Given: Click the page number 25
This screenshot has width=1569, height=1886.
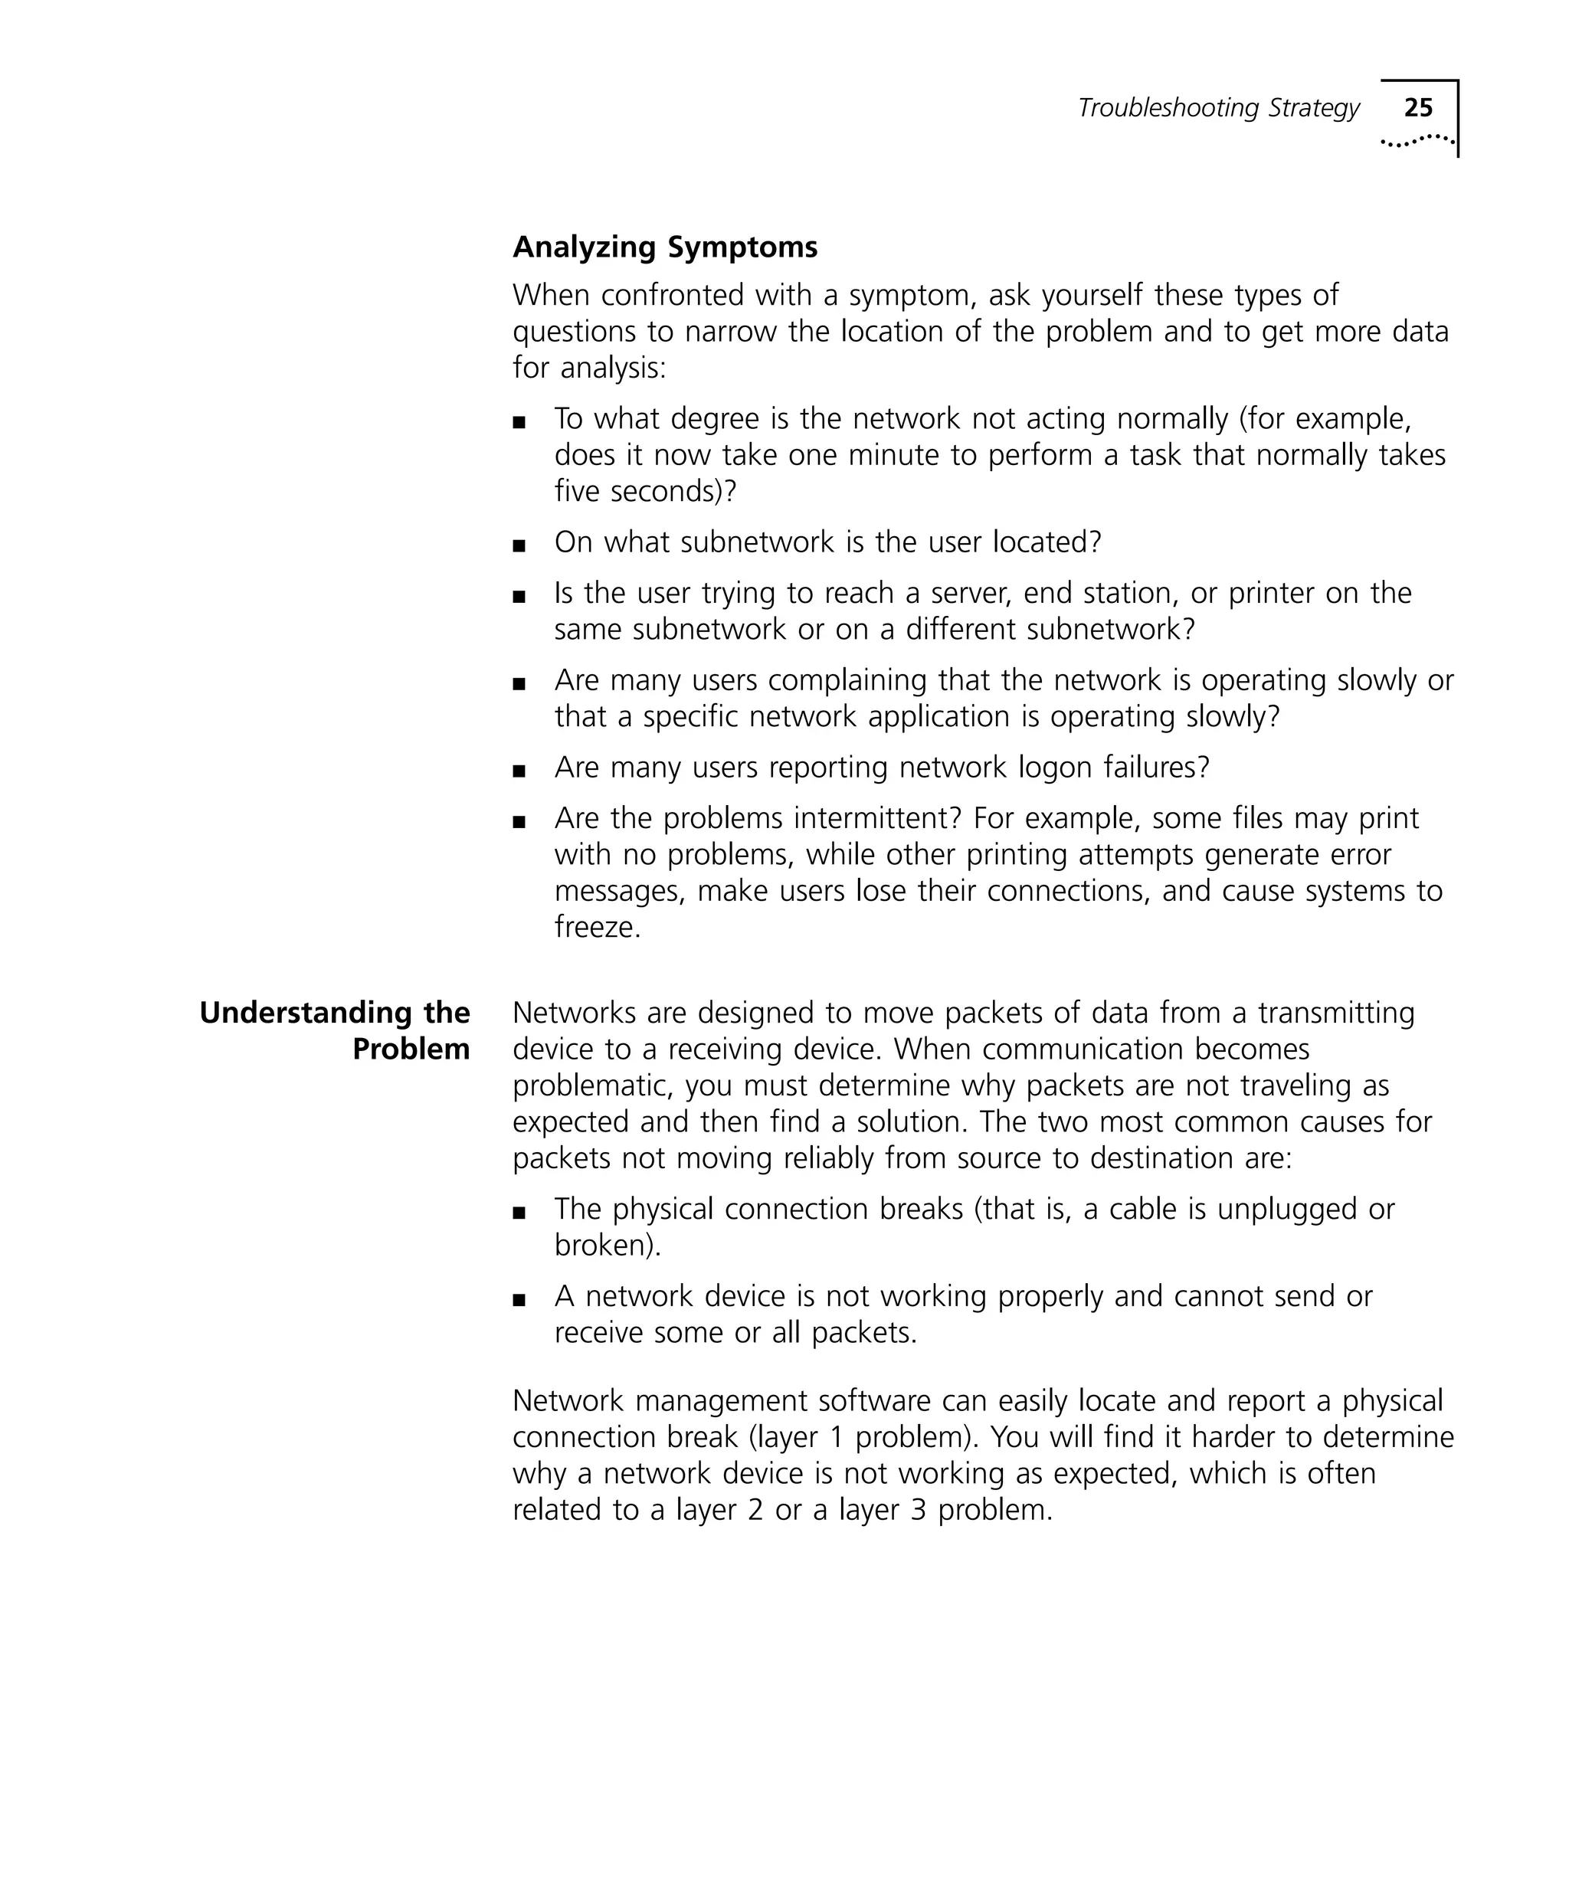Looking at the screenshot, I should coord(1418,108).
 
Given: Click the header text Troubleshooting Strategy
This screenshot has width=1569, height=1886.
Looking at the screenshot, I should coord(1218,108).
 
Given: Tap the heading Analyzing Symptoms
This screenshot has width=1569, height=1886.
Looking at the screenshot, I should coord(664,247).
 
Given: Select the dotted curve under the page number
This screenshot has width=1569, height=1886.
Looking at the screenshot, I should coord(1417,141).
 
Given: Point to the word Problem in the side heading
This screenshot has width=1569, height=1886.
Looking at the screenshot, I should coord(411,1049).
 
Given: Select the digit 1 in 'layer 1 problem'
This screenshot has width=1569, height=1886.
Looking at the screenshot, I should coord(836,1437).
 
